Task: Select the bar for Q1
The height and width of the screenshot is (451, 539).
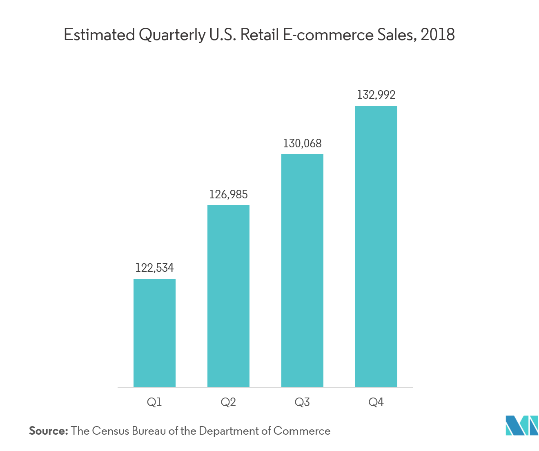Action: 154,333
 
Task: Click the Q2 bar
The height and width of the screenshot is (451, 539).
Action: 228,296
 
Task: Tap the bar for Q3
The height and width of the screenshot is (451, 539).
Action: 302,270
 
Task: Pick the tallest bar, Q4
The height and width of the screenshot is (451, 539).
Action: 376,246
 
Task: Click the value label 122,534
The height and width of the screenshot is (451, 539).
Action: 154,268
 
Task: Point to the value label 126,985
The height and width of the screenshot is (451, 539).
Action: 228,194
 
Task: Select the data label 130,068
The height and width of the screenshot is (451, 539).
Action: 302,143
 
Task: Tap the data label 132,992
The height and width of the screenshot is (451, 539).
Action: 376,95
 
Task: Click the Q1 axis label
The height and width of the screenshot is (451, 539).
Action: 154,402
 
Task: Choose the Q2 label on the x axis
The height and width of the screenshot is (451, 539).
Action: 228,402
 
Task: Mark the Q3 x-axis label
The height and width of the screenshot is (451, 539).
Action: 302,402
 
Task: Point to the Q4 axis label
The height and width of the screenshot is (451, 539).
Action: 376,402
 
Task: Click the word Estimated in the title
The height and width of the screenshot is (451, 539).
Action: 99,35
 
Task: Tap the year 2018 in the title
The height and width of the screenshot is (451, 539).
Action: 437,35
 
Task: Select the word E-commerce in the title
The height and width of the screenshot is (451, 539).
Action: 328,35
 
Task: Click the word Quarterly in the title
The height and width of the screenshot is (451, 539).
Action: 171,36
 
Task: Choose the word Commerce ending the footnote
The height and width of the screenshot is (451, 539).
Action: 302,431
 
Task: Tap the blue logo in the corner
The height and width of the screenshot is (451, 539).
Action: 521,426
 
